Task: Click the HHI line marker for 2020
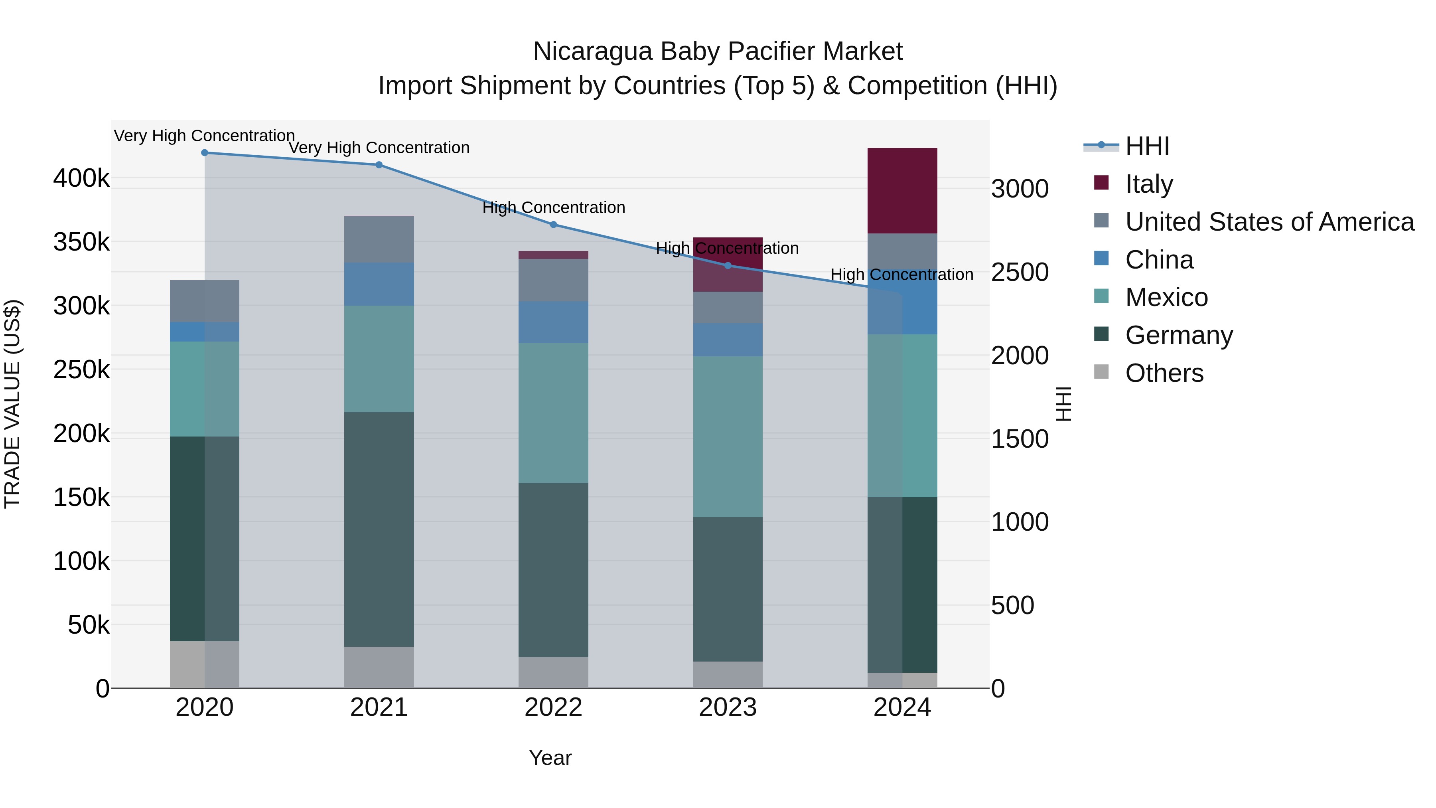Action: pyautogui.click(x=205, y=153)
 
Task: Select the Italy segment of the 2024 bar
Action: pyautogui.click(x=903, y=191)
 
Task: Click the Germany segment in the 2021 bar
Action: pyautogui.click(x=379, y=530)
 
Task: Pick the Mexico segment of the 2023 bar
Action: pyautogui.click(x=728, y=437)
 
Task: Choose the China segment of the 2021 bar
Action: pyautogui.click(x=379, y=284)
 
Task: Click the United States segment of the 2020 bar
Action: pyautogui.click(x=205, y=301)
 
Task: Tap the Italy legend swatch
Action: pyautogui.click(x=1101, y=183)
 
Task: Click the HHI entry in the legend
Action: pyautogui.click(x=1147, y=146)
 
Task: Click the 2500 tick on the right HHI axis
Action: pyautogui.click(x=1020, y=273)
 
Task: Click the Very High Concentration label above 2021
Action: pyautogui.click(x=379, y=148)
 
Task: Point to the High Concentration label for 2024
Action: pyautogui.click(x=902, y=275)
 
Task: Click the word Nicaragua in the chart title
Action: pyautogui.click(x=593, y=52)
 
